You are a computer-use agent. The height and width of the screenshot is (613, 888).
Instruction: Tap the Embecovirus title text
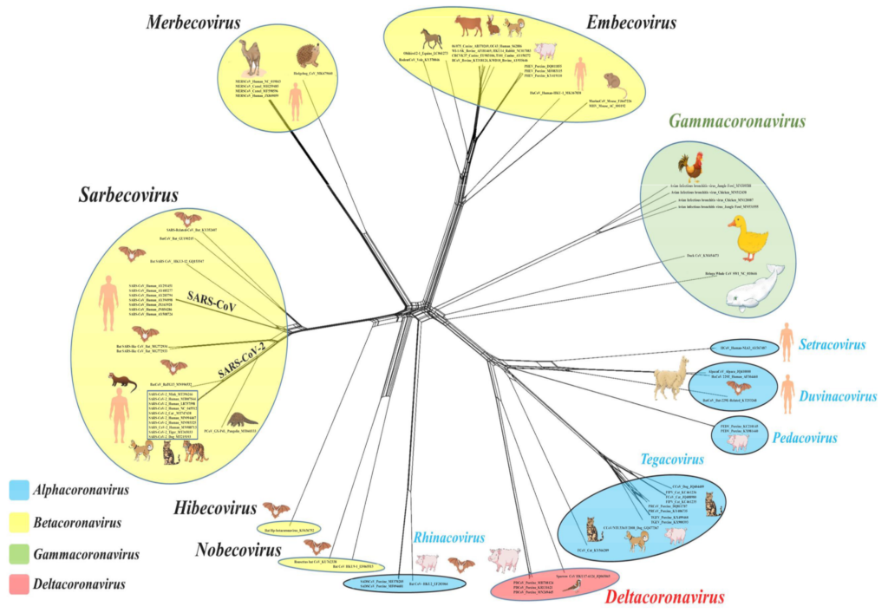click(x=630, y=22)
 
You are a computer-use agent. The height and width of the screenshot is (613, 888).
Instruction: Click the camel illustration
click(x=251, y=58)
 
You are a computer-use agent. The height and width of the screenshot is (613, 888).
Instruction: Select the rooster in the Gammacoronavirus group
click(x=691, y=166)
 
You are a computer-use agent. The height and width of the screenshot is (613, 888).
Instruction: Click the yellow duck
click(x=748, y=238)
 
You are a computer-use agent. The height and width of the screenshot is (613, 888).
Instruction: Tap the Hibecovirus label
click(x=215, y=508)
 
